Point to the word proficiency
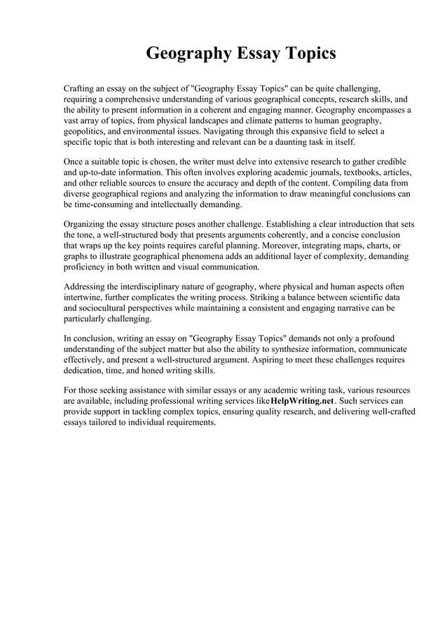tap(86, 267)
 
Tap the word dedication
tap(86, 371)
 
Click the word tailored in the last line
tap(106, 423)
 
